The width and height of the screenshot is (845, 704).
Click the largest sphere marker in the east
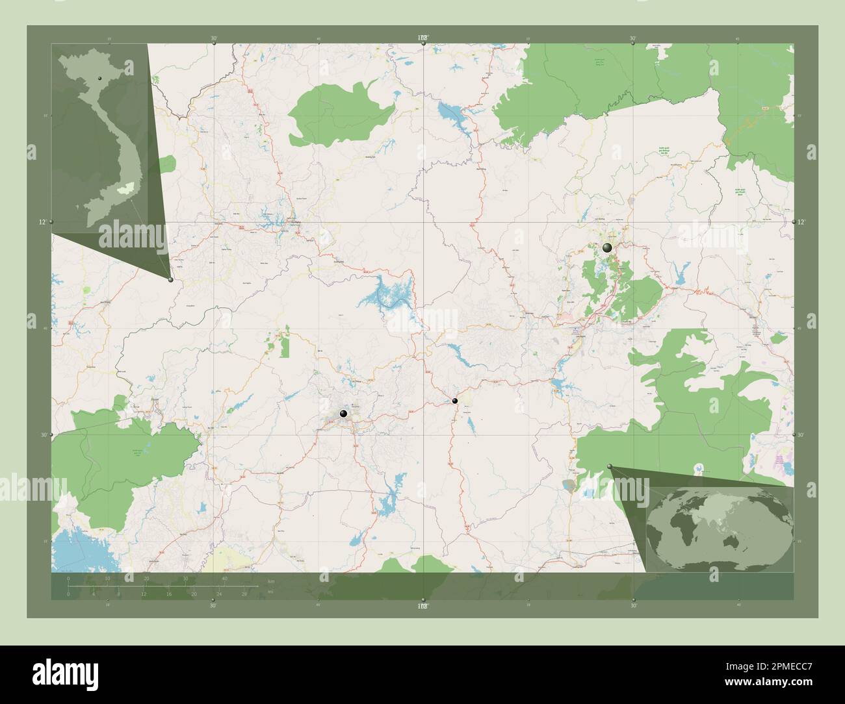tap(607, 247)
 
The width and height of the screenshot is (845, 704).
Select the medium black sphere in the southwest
tap(343, 414)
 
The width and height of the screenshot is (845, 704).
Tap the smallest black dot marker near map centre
tap(455, 401)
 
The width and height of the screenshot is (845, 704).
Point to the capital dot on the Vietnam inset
tap(100, 79)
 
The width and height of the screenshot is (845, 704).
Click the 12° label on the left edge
tap(42, 222)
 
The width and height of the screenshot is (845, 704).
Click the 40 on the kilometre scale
tap(224, 578)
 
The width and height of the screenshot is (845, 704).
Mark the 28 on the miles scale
tap(244, 594)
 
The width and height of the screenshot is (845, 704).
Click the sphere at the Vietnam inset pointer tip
tap(170, 280)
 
